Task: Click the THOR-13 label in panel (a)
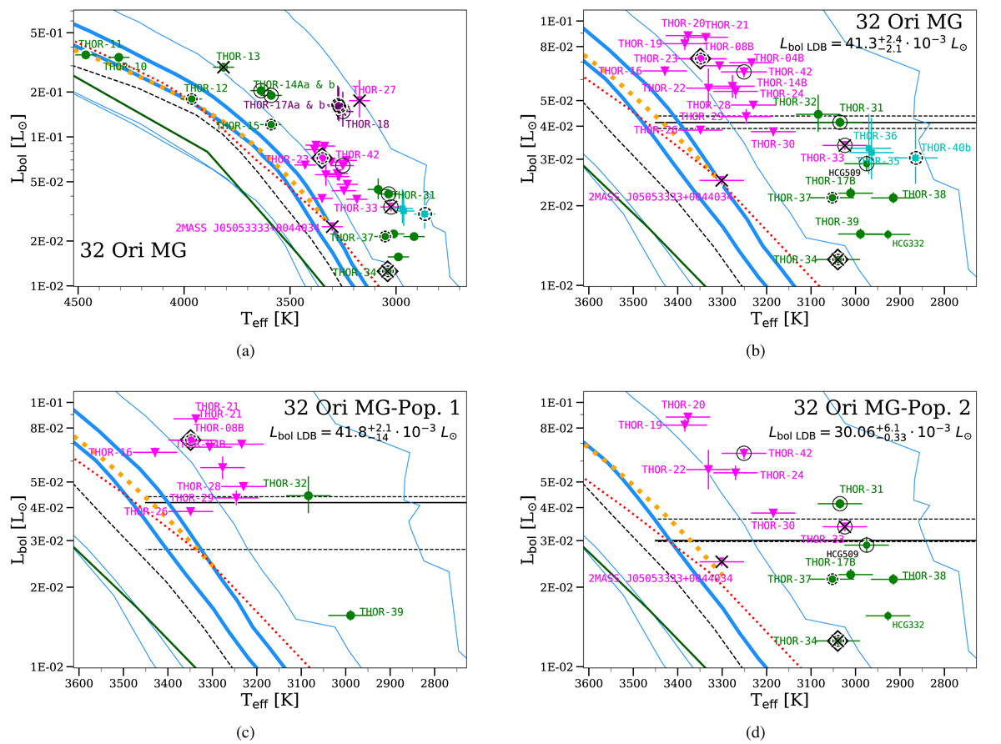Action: click(x=238, y=56)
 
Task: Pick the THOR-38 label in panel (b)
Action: click(x=924, y=194)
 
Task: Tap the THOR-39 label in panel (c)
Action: click(x=381, y=612)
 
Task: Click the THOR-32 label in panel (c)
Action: click(x=286, y=482)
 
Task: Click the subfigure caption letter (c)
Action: click(x=244, y=732)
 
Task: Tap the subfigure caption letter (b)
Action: click(x=756, y=351)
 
